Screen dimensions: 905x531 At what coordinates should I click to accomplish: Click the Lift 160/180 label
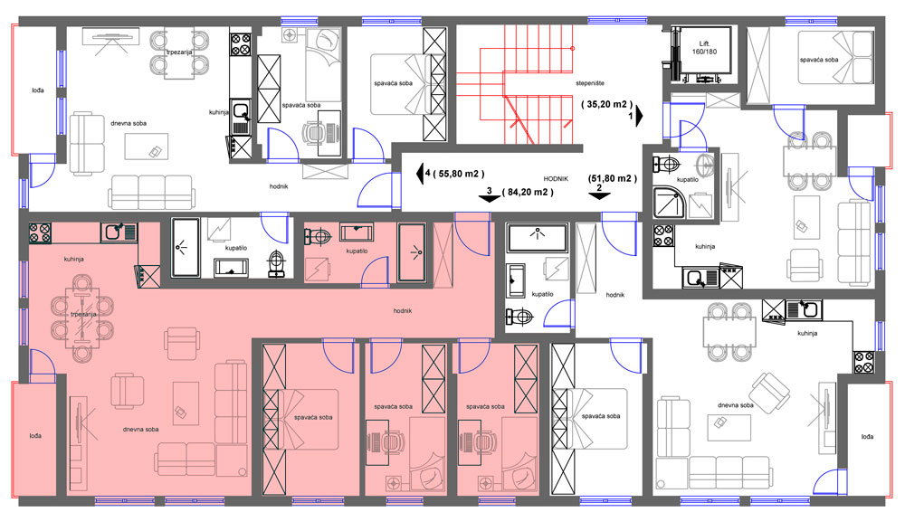point(704,47)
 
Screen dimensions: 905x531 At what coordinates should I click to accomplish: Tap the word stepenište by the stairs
point(590,83)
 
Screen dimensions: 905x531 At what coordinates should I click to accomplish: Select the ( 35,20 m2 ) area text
point(606,104)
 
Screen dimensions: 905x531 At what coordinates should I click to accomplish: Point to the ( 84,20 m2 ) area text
point(528,192)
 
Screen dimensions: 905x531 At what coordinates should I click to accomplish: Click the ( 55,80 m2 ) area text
point(459,174)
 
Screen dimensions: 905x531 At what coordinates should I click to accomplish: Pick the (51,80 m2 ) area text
point(613,178)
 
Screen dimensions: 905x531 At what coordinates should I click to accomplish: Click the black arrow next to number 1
point(640,116)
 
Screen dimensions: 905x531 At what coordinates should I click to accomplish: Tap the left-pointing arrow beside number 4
point(420,173)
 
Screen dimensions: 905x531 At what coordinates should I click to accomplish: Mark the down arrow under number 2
point(599,195)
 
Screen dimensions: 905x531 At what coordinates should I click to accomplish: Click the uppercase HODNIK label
point(556,179)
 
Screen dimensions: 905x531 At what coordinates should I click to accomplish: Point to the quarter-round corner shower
point(669,203)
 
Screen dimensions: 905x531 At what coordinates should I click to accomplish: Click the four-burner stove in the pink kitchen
point(41,232)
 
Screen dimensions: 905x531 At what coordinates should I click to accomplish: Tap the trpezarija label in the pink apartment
point(83,315)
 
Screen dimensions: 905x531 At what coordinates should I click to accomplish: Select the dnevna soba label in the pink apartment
point(140,430)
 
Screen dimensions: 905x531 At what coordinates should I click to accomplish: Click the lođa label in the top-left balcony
point(37,90)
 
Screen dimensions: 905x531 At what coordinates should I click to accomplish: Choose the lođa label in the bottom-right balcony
point(867,436)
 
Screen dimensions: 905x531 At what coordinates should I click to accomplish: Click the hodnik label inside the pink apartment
point(403,310)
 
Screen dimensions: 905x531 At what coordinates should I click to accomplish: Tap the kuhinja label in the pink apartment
point(74,259)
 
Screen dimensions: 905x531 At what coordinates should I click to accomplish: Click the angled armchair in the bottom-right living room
point(770,393)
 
